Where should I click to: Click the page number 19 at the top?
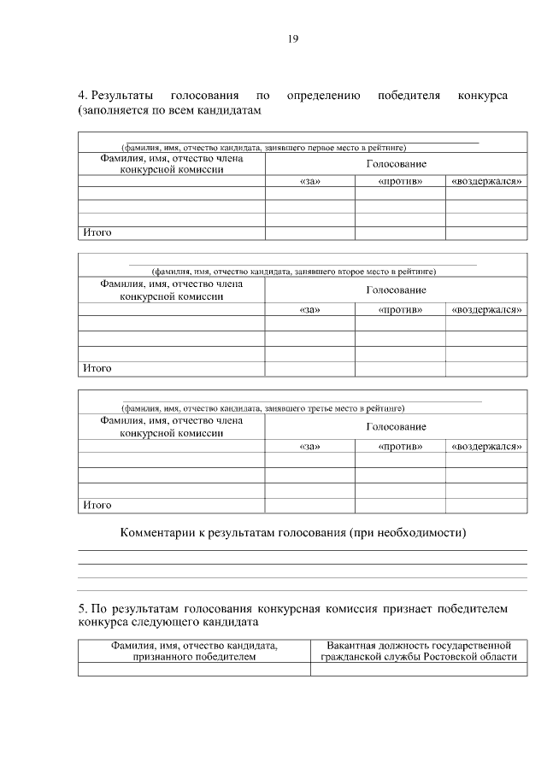(292, 38)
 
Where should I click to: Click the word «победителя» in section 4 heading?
(409, 95)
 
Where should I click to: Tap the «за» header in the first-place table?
(309, 182)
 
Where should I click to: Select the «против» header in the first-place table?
(400, 182)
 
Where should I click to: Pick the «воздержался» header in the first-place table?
(485, 182)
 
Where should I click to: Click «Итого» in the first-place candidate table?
(97, 232)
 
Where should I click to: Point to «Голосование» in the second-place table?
(396, 290)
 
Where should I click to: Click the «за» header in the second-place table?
(309, 309)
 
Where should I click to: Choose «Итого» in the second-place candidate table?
(97, 368)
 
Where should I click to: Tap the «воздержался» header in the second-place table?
(485, 309)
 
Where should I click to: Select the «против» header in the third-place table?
(400, 446)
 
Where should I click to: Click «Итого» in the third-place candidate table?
(97, 505)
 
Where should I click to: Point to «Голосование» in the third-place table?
(396, 426)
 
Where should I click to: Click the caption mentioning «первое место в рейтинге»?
(263, 148)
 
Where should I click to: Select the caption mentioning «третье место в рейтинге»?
(263, 407)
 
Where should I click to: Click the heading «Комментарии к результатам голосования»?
(293, 533)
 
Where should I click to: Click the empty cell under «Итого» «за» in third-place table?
(309, 505)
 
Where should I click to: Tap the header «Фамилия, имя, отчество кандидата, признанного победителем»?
(194, 650)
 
